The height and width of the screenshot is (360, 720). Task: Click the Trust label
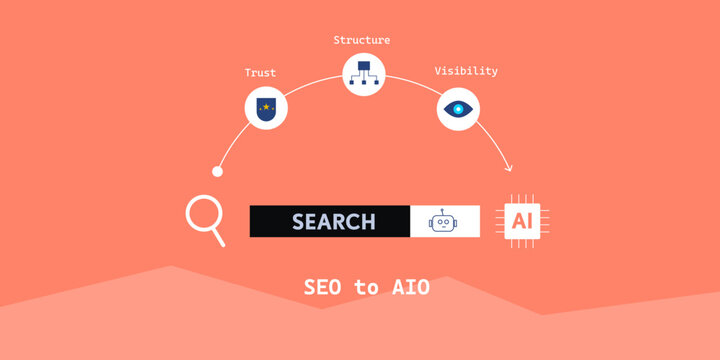[x=260, y=73]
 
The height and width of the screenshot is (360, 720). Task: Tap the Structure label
[x=362, y=40]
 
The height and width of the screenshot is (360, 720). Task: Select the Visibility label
[x=466, y=71]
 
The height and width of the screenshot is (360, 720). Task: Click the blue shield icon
[x=267, y=109]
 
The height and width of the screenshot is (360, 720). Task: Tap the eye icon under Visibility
[x=459, y=109]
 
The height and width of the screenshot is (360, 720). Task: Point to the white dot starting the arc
[x=217, y=171]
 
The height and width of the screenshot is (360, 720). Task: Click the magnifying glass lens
[x=203, y=214]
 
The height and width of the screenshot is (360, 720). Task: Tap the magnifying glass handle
[x=220, y=239]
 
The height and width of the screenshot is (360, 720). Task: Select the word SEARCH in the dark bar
[x=333, y=221]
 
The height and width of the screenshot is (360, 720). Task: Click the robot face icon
[x=443, y=222]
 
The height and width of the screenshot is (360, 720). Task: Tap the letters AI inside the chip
[x=523, y=220]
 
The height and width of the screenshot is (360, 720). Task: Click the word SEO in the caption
[x=323, y=288]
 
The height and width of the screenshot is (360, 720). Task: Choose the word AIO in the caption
[x=410, y=288]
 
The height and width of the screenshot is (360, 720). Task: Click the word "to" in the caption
[x=366, y=288]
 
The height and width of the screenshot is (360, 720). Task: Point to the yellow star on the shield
[x=267, y=104]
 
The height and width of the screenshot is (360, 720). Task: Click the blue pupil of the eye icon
[x=459, y=109]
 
